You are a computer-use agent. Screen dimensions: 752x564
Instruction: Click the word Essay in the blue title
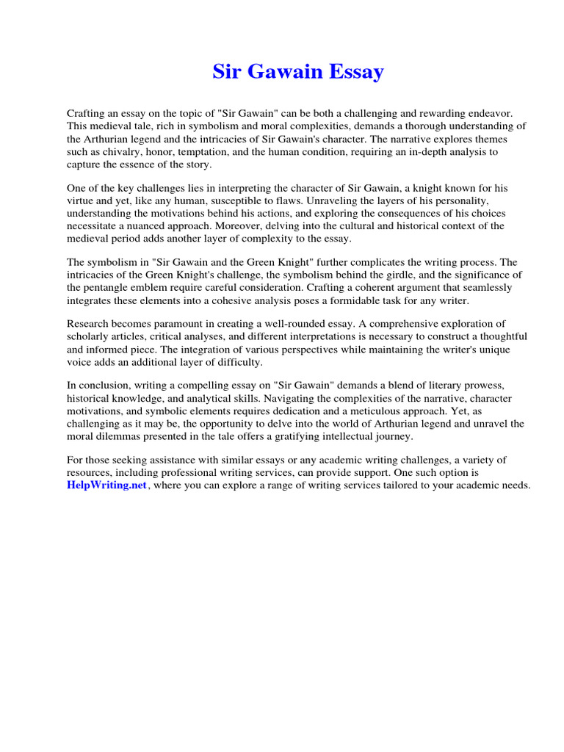click(x=355, y=72)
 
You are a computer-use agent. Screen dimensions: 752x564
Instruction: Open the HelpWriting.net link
click(x=106, y=486)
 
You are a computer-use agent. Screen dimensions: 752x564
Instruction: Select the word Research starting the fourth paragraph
click(x=88, y=323)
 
